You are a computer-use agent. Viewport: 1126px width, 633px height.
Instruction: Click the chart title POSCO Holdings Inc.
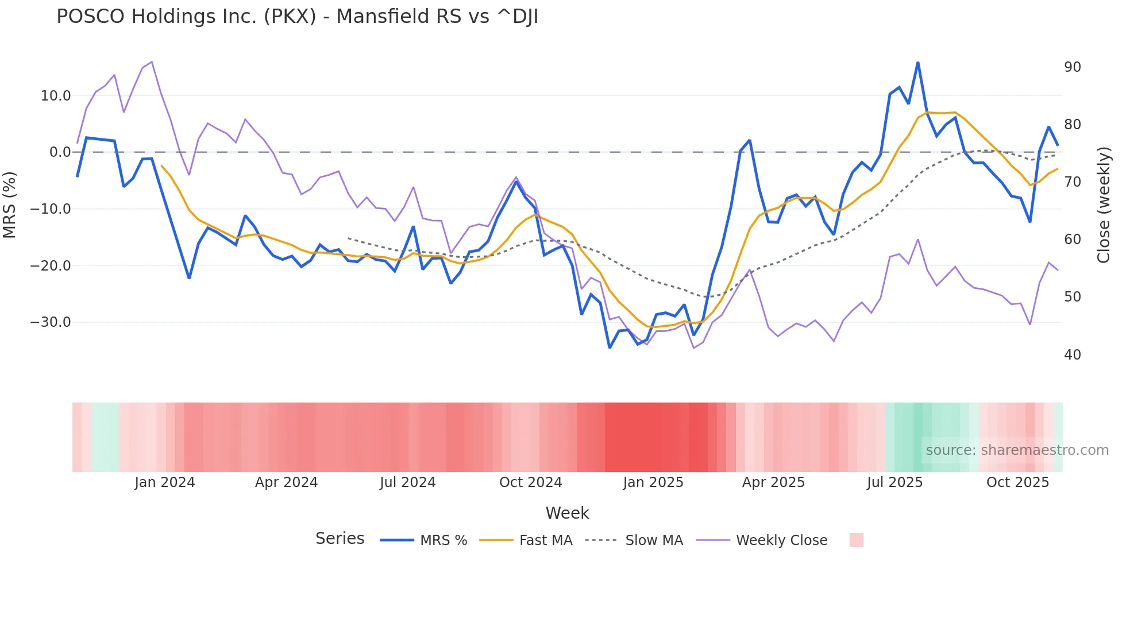click(297, 17)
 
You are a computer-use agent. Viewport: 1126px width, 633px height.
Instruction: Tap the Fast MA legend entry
click(526, 541)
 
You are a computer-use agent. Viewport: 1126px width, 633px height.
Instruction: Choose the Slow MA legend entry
click(634, 541)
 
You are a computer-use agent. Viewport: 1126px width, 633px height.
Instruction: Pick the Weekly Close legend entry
click(762, 541)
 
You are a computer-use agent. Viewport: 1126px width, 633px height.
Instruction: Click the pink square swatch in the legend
click(856, 540)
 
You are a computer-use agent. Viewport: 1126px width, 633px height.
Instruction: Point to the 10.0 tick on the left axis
click(56, 96)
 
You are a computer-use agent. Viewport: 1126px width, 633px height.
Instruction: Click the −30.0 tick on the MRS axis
click(51, 322)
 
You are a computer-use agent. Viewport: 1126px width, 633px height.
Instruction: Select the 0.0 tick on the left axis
click(60, 152)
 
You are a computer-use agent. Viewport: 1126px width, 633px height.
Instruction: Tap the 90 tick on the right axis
click(1072, 67)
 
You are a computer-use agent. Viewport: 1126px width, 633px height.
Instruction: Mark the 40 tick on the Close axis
click(1072, 355)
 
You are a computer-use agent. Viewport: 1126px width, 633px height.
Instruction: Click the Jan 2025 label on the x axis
click(653, 483)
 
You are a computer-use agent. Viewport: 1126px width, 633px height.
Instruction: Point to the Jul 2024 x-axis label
click(407, 483)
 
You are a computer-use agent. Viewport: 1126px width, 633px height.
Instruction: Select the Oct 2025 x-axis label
click(1017, 483)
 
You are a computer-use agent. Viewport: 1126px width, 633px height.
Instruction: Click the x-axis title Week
click(567, 513)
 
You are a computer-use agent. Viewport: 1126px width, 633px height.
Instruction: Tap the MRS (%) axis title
click(10, 205)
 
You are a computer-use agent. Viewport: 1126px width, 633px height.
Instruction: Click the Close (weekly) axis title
click(1103, 205)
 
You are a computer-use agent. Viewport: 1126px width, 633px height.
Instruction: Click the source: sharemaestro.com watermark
click(1017, 450)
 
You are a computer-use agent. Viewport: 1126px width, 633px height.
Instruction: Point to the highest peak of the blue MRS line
click(917, 63)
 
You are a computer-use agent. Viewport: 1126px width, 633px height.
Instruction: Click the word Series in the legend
click(340, 539)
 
